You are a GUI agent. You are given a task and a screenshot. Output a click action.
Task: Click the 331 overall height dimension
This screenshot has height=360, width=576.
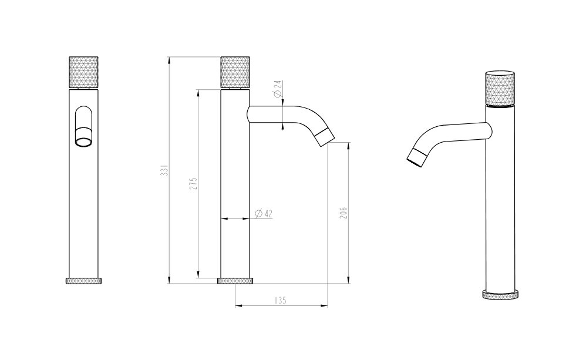[165, 171]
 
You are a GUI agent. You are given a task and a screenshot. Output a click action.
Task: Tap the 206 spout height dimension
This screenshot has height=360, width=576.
[343, 213]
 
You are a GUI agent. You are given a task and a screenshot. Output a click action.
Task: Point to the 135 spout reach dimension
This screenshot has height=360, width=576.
[280, 301]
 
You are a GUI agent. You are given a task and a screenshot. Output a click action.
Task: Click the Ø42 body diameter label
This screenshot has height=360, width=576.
[264, 213]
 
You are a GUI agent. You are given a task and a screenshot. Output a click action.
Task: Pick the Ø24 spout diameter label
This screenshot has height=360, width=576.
[278, 89]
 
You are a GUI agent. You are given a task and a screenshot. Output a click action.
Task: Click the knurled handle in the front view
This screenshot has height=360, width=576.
[84, 72]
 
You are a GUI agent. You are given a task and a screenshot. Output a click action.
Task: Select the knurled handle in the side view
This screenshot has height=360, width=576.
[235, 72]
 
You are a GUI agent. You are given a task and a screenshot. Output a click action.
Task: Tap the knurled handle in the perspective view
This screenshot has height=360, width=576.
[500, 88]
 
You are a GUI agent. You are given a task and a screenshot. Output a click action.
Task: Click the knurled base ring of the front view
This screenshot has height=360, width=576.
[84, 281]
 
